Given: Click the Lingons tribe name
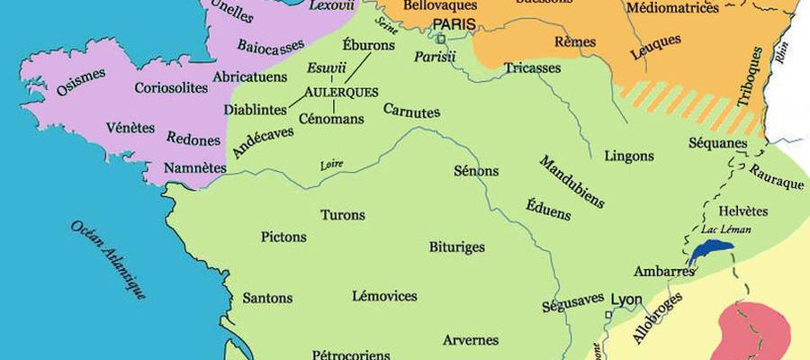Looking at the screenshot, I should pyautogui.click(x=629, y=156).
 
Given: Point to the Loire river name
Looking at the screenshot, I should pyautogui.click(x=332, y=165).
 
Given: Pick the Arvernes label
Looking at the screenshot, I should pyautogui.click(x=471, y=340).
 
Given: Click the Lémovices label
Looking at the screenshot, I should pyautogui.click(x=384, y=295).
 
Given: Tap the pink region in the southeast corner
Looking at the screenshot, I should pyautogui.click(x=754, y=331).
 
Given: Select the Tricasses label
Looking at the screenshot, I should pyautogui.click(x=532, y=67).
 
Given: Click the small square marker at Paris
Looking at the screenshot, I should pyautogui.click(x=441, y=39).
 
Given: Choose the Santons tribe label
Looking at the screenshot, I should pyautogui.click(x=267, y=298).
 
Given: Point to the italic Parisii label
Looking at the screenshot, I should pyautogui.click(x=436, y=57).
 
